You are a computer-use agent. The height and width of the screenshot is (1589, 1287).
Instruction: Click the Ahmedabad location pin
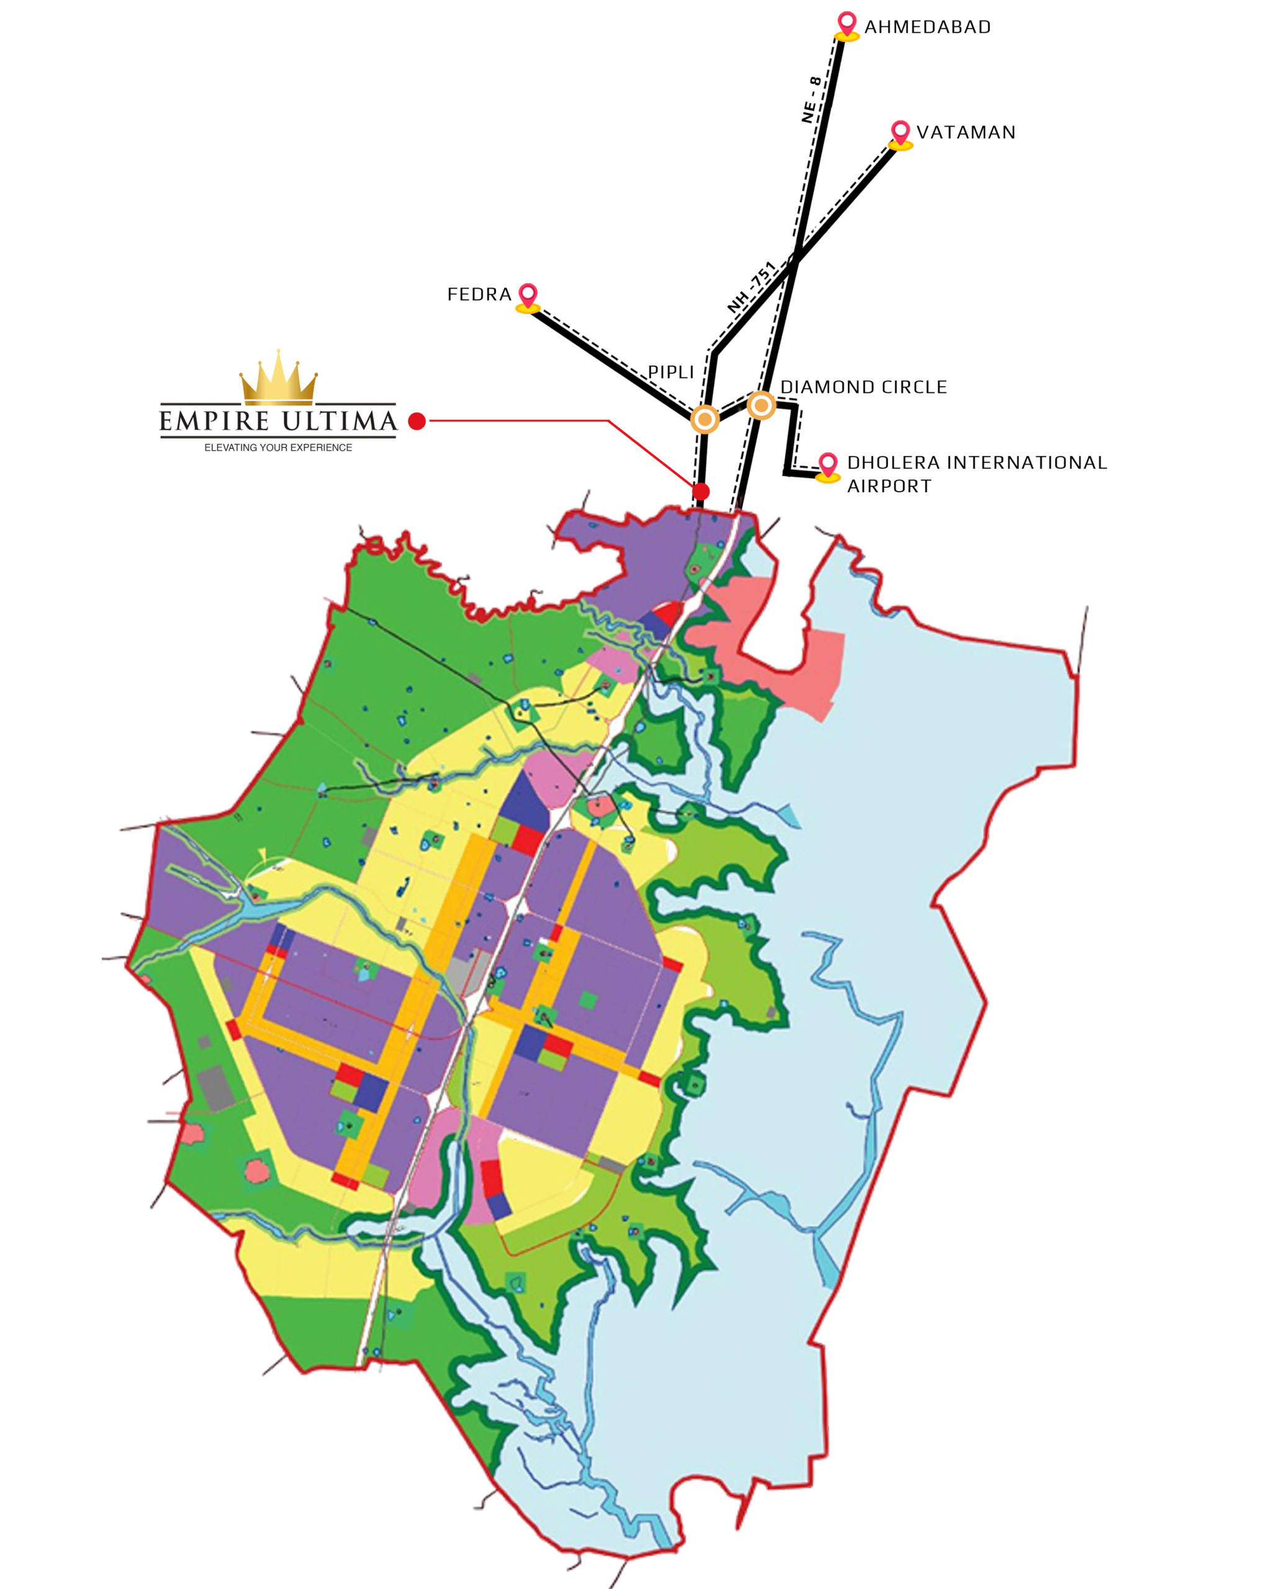click(x=847, y=24)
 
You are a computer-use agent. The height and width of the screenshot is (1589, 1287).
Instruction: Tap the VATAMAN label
click(x=965, y=133)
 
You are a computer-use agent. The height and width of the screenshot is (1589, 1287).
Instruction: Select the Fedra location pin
click(x=527, y=295)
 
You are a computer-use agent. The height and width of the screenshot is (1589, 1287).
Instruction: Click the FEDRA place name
click(x=479, y=295)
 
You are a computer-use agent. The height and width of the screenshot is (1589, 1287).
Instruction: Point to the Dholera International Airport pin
click(x=828, y=466)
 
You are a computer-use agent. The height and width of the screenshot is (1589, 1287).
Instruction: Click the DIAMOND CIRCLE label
click(x=863, y=387)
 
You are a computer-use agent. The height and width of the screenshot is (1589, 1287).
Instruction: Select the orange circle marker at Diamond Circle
click(x=761, y=405)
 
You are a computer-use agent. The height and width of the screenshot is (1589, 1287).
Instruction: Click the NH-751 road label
click(x=752, y=287)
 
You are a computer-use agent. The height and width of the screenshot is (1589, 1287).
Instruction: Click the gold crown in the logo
click(x=278, y=379)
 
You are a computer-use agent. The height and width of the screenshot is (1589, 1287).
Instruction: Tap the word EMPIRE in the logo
click(x=214, y=421)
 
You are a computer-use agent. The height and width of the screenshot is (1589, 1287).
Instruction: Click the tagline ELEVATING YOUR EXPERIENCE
click(x=278, y=448)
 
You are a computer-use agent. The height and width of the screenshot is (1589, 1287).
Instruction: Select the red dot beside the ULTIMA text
click(x=417, y=421)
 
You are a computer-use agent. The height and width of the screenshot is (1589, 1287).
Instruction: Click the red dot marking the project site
click(x=700, y=492)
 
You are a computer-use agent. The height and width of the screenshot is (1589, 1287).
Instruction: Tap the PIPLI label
click(x=670, y=372)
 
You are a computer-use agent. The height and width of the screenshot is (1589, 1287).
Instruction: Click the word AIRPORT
click(x=889, y=486)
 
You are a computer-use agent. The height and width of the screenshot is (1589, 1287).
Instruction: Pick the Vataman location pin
click(x=900, y=133)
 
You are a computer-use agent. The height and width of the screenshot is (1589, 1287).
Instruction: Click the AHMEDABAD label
click(x=928, y=27)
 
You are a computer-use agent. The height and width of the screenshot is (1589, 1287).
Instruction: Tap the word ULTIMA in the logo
click(x=340, y=421)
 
